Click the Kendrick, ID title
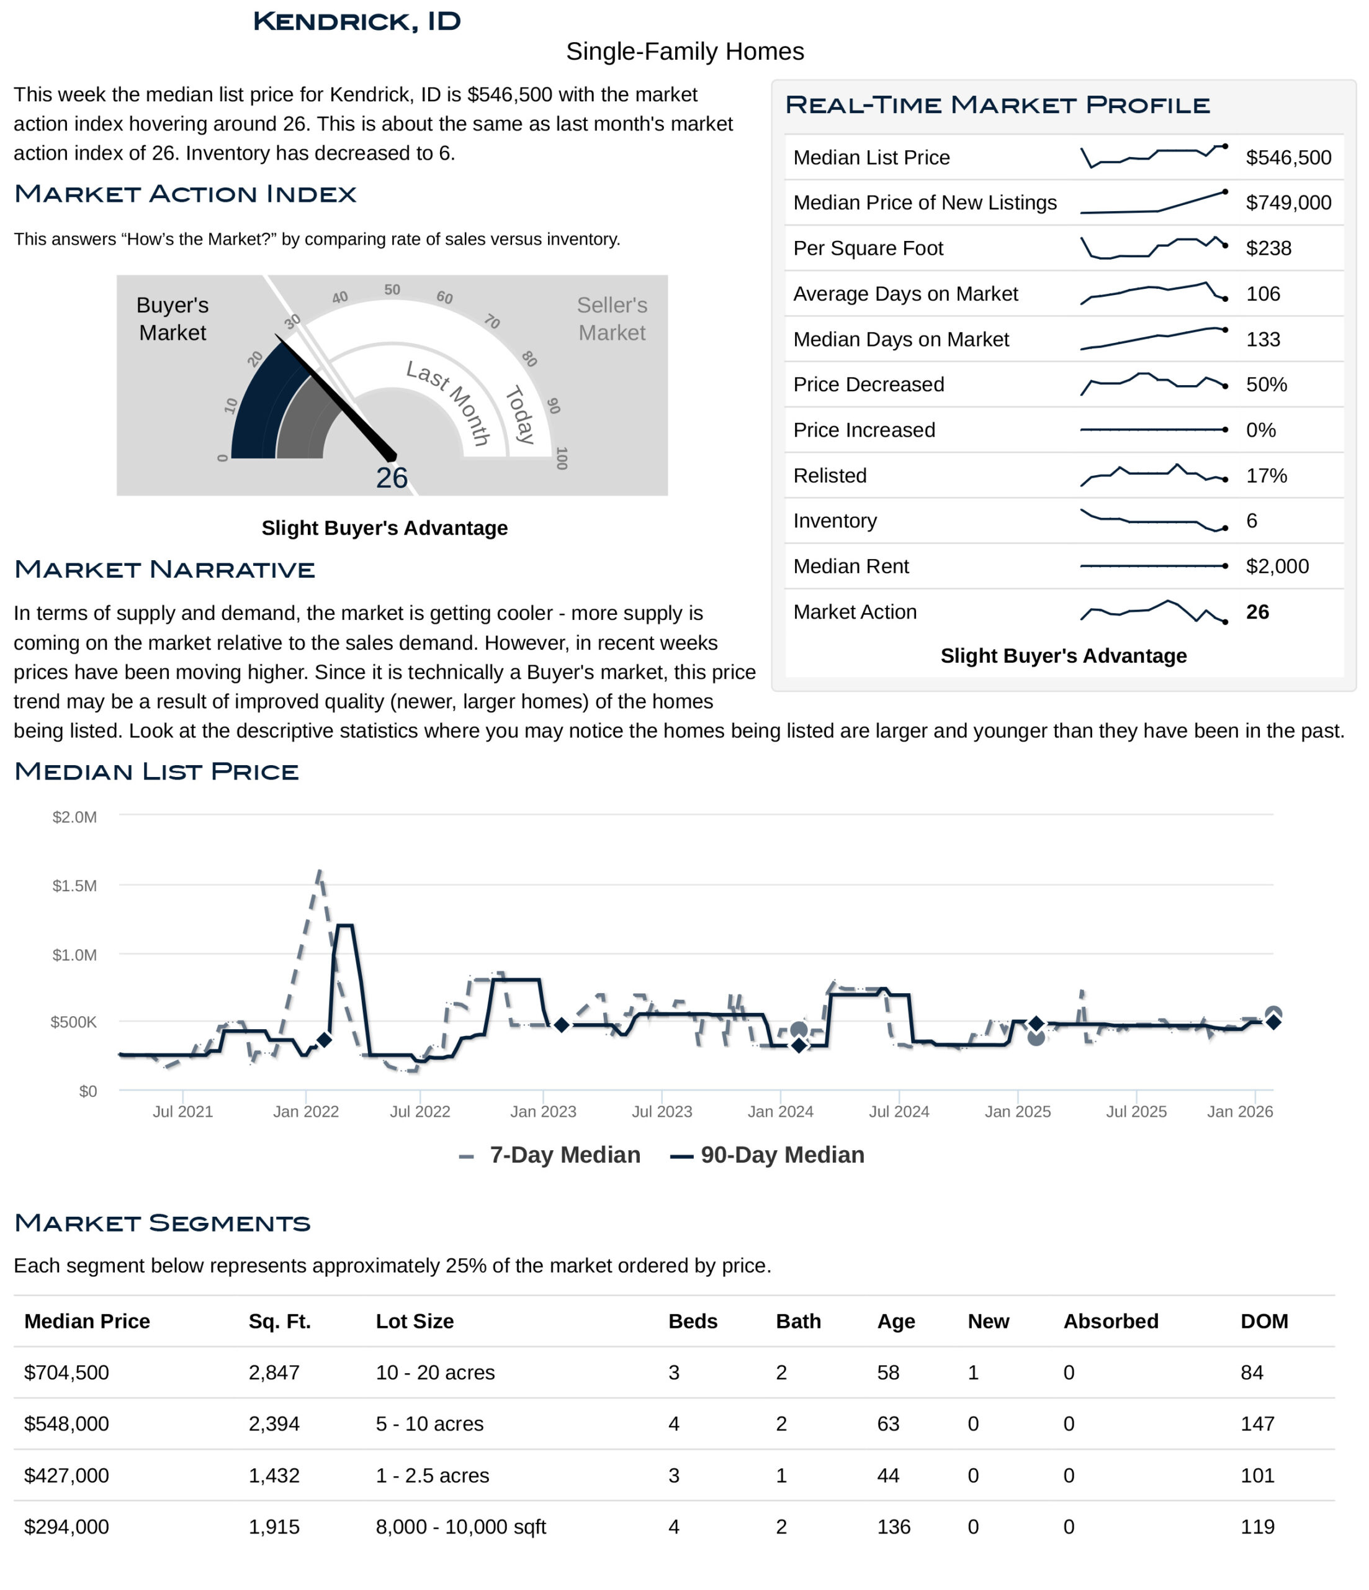pyautogui.click(x=357, y=22)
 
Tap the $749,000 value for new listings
pyautogui.click(x=1288, y=202)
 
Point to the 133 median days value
pyautogui.click(x=1262, y=339)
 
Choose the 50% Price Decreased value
pyautogui.click(x=1265, y=384)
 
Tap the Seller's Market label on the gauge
pyautogui.click(x=611, y=319)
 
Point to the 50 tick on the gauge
pyautogui.click(x=392, y=290)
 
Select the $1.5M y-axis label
pyautogui.click(x=74, y=886)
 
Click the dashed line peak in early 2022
pyautogui.click(x=319, y=872)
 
